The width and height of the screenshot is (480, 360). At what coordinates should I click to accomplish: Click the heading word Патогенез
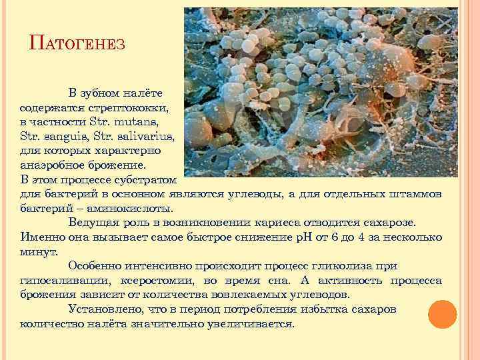[x=78, y=45]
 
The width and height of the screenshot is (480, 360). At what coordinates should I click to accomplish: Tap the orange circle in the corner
[x=441, y=315]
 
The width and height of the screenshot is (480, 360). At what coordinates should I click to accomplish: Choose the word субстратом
[x=149, y=180]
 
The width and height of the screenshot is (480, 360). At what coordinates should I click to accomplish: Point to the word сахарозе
[x=391, y=223]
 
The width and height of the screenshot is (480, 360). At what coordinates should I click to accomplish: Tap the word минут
[x=39, y=252]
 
